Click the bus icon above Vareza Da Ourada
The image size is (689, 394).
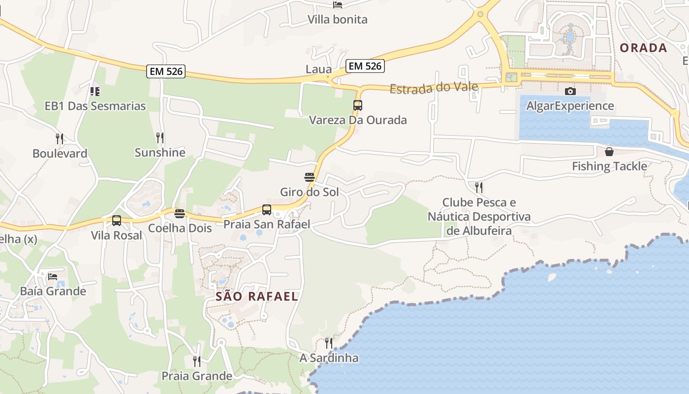(358, 105)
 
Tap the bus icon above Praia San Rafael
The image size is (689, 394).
(267, 210)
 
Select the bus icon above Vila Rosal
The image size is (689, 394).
(117, 221)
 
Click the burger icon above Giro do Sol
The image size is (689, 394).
(310, 177)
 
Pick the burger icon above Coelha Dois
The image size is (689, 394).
(180, 214)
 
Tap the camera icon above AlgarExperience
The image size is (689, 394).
(570, 91)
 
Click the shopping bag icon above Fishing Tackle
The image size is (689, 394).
(609, 151)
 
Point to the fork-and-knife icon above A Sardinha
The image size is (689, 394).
(329, 343)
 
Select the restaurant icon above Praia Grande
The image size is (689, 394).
(197, 361)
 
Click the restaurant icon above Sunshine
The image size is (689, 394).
(160, 137)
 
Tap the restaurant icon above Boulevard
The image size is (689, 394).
(60, 138)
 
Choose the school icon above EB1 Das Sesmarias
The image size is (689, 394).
(95, 91)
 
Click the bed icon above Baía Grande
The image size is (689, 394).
(53, 276)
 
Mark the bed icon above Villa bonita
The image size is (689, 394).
(338, 5)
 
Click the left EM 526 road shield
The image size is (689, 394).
(166, 71)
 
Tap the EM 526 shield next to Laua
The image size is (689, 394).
(365, 66)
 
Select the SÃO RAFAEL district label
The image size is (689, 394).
(257, 296)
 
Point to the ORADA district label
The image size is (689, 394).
(643, 48)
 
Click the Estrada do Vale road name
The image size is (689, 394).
(434, 88)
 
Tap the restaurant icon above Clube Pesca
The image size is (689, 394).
(479, 187)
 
